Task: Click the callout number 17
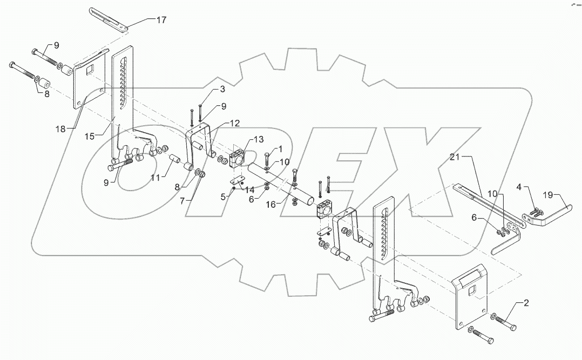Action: tap(161, 19)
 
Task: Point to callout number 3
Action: tap(207, 88)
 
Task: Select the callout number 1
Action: tap(280, 149)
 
